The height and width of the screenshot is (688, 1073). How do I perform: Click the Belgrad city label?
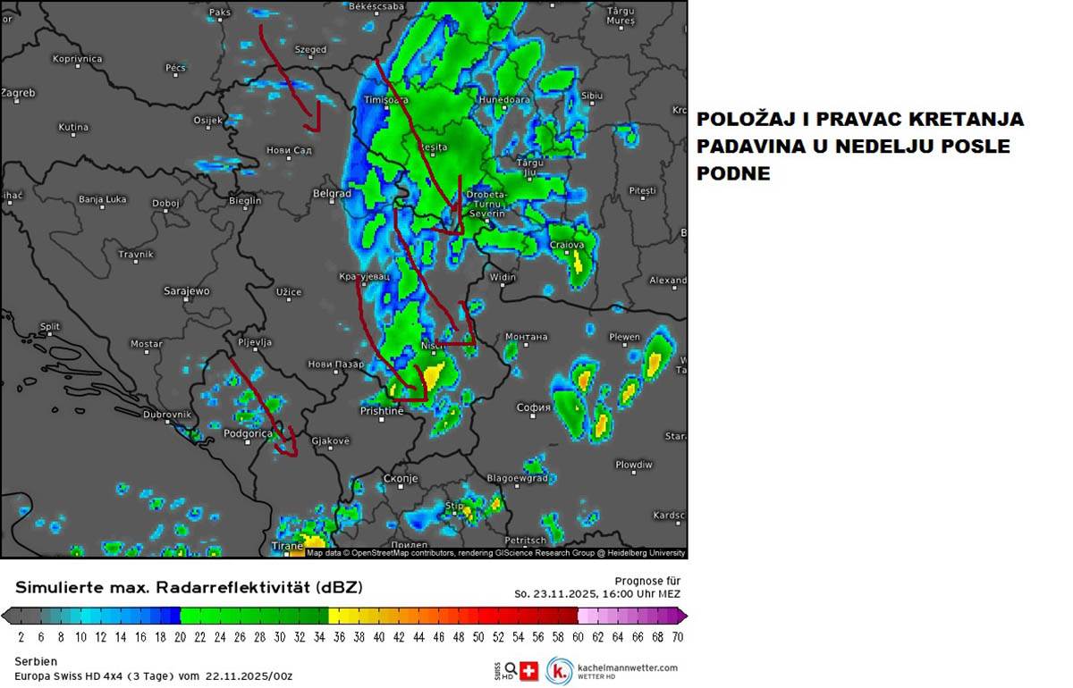(x=332, y=193)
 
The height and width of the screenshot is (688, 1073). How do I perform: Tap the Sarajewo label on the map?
(x=187, y=291)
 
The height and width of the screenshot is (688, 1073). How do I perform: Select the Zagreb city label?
(x=18, y=93)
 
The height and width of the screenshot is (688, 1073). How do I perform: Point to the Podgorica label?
(x=248, y=433)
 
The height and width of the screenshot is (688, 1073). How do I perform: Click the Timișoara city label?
(x=386, y=100)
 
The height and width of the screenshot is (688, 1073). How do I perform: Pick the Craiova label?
(x=567, y=245)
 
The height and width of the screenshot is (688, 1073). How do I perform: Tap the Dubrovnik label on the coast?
(x=167, y=415)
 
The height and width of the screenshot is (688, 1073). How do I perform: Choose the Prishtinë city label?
(x=382, y=411)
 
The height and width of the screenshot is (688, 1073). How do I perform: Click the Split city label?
(x=50, y=327)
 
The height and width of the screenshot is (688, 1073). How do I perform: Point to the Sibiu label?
(x=592, y=96)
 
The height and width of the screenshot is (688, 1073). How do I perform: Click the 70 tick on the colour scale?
(x=678, y=637)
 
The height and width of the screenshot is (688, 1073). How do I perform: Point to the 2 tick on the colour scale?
(x=21, y=637)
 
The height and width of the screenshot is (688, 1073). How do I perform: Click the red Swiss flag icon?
(x=528, y=671)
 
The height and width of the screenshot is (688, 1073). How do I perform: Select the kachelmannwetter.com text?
(x=628, y=667)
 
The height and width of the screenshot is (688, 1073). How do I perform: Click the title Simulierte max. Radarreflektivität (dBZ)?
(x=189, y=587)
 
